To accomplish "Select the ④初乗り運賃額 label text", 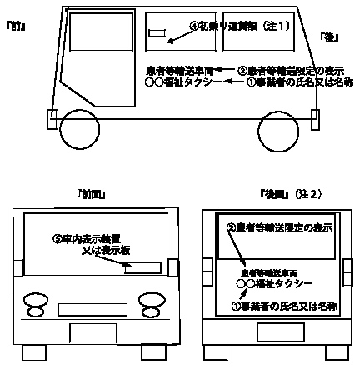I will [x=239, y=26].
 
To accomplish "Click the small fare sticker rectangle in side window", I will [x=158, y=34].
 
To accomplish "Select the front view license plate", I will [x=92, y=332].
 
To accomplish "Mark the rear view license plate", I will [x=271, y=332].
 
